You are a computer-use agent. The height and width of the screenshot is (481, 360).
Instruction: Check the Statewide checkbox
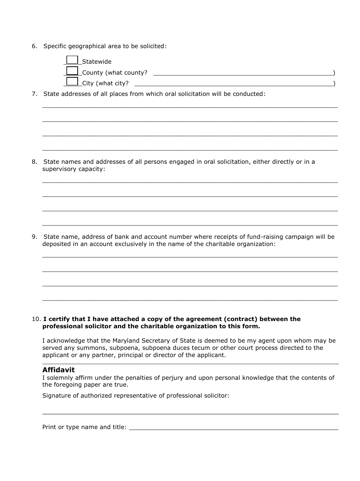pyautogui.click(x=72, y=60)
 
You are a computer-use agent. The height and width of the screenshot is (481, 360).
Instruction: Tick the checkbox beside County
pyautogui.click(x=72, y=71)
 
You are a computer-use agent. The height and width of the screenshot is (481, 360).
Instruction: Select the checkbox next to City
pyautogui.click(x=72, y=81)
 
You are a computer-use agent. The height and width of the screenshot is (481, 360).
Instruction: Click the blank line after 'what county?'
pyautogui.click(x=243, y=74)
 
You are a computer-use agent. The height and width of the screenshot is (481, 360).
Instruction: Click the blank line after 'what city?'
pyautogui.click(x=233, y=85)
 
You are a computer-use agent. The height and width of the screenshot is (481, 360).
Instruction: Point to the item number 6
pyautogui.click(x=34, y=46)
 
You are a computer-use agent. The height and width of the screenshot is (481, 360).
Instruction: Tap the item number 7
pyautogui.click(x=34, y=94)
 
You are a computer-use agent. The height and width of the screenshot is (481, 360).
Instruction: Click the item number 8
pyautogui.click(x=34, y=162)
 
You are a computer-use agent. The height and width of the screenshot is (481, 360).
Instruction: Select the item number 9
pyautogui.click(x=34, y=237)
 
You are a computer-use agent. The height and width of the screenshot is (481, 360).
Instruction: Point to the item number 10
pyautogui.click(x=36, y=319)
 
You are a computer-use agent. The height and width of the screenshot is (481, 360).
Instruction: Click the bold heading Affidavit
pyautogui.click(x=58, y=370)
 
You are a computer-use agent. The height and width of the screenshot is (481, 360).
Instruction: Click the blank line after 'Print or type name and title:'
pyautogui.click(x=233, y=428)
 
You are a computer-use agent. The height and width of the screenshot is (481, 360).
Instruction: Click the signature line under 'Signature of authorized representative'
pyautogui.click(x=190, y=412)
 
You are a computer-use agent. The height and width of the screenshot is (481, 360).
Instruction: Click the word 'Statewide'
pyautogui.click(x=97, y=62)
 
